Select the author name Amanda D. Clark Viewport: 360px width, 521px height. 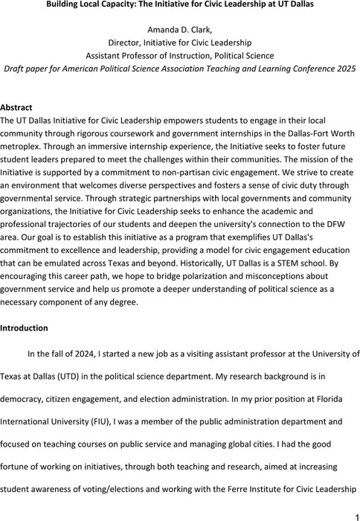pyautogui.click(x=179, y=28)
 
